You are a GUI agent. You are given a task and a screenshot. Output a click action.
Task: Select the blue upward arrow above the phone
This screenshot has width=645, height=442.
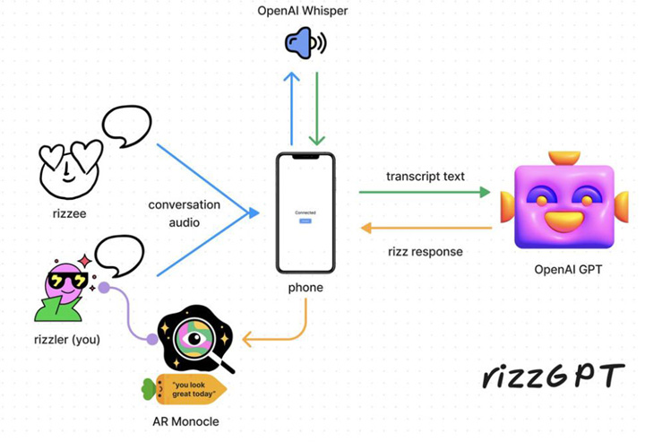[292, 108]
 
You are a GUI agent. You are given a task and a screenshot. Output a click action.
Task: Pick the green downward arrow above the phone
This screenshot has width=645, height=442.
[316, 108]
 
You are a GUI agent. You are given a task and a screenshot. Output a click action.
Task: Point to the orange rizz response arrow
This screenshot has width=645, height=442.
[426, 228]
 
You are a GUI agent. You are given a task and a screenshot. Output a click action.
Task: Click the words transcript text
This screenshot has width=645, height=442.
[426, 176]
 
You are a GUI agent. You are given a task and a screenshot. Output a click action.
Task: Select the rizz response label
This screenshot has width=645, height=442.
[425, 252]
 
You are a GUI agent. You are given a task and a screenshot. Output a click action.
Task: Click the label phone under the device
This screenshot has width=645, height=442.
[305, 288]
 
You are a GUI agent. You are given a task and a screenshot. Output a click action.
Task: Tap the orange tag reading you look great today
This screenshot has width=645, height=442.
[188, 389]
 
